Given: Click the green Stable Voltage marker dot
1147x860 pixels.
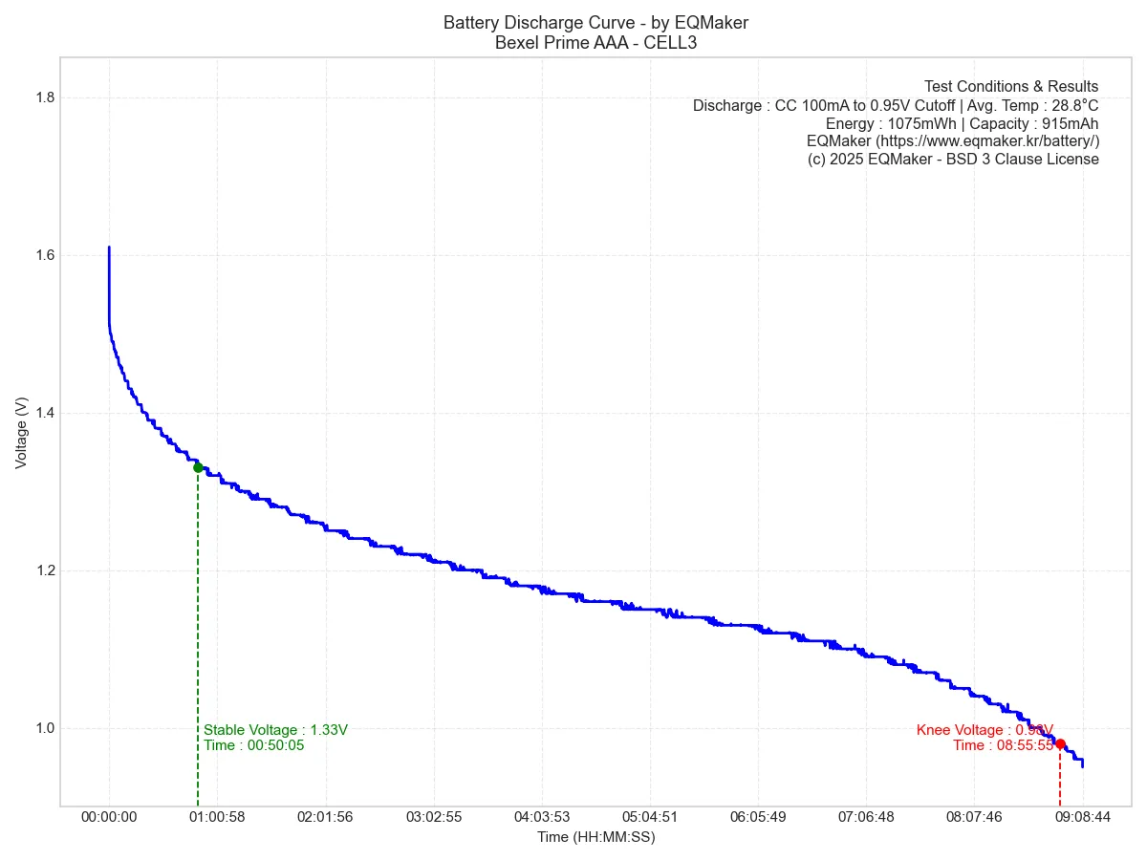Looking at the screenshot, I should (x=198, y=467).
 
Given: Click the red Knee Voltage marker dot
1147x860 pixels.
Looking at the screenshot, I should (x=1060, y=743).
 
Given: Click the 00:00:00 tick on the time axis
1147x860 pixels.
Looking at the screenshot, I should (x=109, y=817).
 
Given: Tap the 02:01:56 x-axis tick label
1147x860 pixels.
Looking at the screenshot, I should (x=326, y=817).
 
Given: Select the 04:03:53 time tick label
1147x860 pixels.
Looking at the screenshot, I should (x=542, y=817).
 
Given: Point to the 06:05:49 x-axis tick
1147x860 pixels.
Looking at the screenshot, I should (x=758, y=817).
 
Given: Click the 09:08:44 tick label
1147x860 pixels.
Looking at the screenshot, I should (x=1083, y=817).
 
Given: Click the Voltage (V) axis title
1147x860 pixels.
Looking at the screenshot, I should (x=21, y=433).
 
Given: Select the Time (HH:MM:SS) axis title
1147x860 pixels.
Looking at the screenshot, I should (x=595, y=837).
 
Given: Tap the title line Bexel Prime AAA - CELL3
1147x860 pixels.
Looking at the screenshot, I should (x=595, y=42).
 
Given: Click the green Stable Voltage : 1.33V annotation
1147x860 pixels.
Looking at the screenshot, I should (x=275, y=730).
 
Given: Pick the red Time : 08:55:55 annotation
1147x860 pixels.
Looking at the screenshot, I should (x=1003, y=745).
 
